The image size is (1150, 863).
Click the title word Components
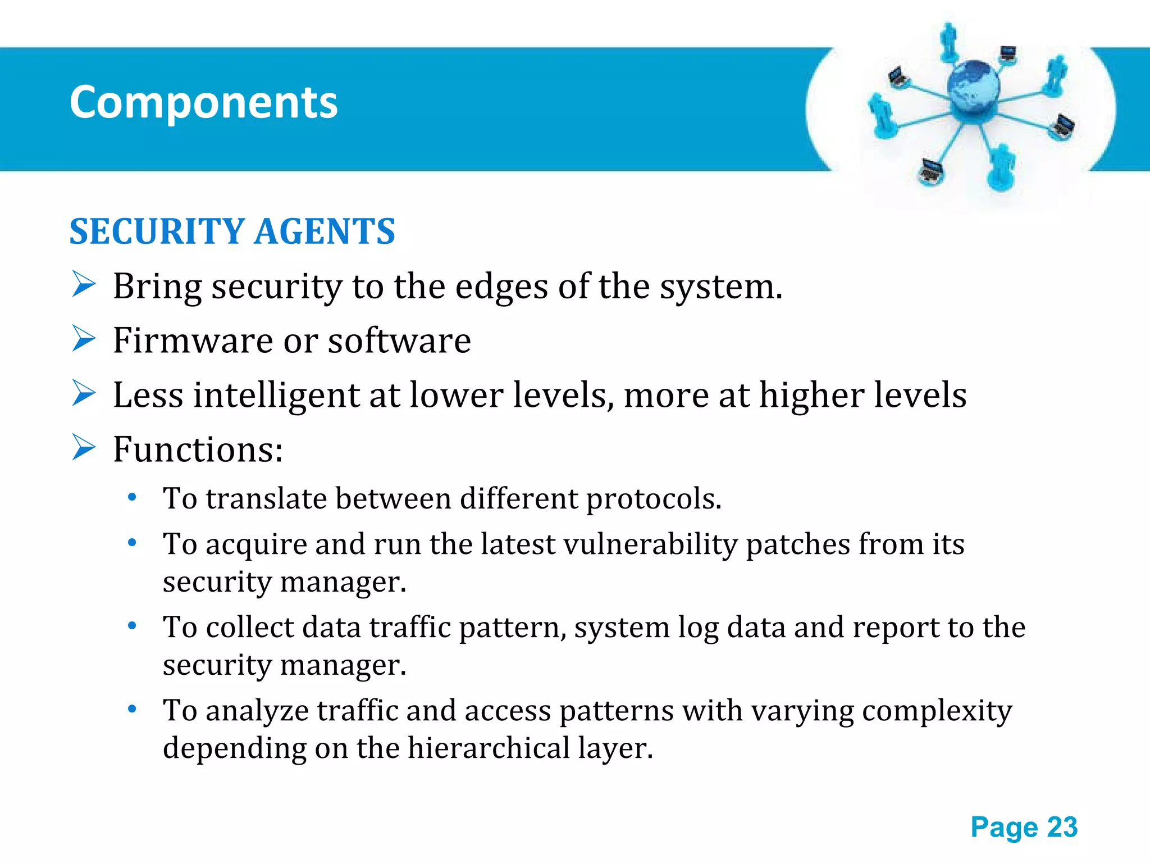pyautogui.click(x=203, y=103)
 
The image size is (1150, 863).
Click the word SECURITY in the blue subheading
pyautogui.click(x=157, y=231)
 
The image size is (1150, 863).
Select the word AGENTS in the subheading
pyautogui.click(x=325, y=231)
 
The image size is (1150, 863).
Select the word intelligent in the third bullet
pyautogui.click(x=276, y=395)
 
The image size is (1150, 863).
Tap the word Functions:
pyautogui.click(x=198, y=449)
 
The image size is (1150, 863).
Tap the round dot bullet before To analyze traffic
pyautogui.click(x=132, y=709)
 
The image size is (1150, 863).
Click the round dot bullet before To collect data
pyautogui.click(x=132, y=626)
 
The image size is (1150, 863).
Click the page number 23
pyautogui.click(x=1062, y=827)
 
